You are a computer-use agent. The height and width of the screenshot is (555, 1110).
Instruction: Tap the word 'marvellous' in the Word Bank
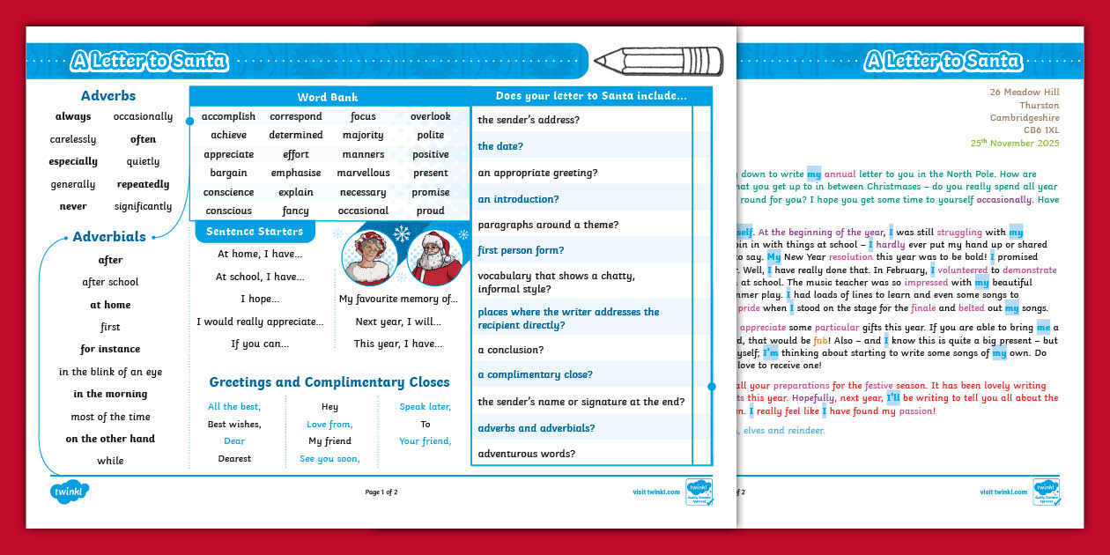tap(363, 174)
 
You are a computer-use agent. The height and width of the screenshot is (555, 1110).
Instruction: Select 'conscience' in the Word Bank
tap(228, 192)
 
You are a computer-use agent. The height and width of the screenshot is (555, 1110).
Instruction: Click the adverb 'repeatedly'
tap(143, 185)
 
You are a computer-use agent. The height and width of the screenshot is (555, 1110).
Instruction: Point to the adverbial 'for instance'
tap(110, 350)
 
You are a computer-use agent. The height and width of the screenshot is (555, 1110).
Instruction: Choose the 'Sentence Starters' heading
tap(254, 232)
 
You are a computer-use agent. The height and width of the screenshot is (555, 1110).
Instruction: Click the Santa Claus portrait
tap(434, 256)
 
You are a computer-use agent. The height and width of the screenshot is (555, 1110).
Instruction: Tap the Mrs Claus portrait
tap(368, 256)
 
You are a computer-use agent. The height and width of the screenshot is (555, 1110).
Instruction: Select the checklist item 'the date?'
tap(500, 146)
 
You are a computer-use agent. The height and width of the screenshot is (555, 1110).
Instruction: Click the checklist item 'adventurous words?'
tap(526, 455)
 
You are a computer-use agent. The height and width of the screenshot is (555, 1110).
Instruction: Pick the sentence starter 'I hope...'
tap(260, 300)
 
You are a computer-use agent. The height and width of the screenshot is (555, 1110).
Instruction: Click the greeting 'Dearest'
tap(234, 459)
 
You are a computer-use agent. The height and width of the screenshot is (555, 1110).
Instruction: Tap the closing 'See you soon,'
tap(329, 459)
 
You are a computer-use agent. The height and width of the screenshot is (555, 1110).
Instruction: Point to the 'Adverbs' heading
tap(108, 96)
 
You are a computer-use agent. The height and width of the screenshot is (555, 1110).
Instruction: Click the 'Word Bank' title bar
tap(328, 98)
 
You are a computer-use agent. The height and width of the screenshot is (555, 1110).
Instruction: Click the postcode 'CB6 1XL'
tap(1041, 130)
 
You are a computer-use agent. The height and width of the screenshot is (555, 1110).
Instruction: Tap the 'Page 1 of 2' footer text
tap(381, 492)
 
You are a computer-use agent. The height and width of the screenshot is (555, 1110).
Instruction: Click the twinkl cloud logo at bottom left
tap(70, 492)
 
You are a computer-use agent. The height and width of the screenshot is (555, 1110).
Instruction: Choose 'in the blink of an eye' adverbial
tap(110, 373)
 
